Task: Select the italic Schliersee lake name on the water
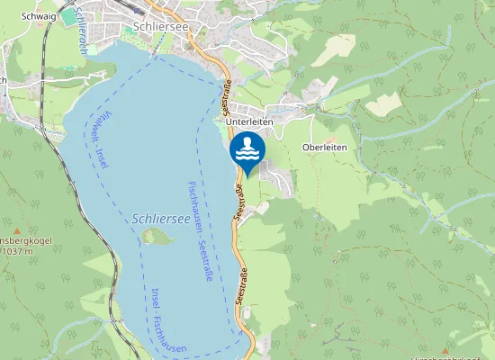(x=160, y=219)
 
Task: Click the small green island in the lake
(x=157, y=237)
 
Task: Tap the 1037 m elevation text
(x=17, y=251)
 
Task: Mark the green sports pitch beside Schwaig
(x=69, y=17)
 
